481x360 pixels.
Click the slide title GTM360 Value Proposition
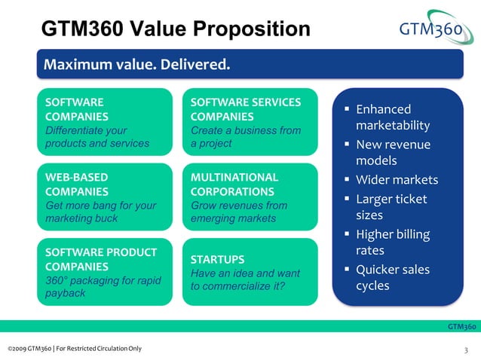coord(175,29)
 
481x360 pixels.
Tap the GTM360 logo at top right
coord(437,29)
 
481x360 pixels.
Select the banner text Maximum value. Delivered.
coord(136,64)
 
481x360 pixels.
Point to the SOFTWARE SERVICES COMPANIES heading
coord(246,109)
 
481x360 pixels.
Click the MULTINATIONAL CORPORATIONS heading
coord(234,185)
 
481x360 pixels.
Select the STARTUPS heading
coord(217,259)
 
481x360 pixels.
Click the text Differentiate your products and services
coord(97,136)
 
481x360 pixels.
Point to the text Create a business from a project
coord(245,136)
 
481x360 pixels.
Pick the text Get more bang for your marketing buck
coord(100,212)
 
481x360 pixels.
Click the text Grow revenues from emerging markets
coord(239,212)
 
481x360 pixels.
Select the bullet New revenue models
coord(392,152)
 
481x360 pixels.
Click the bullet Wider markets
coord(397,180)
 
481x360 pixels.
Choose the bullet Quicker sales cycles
coord(392,277)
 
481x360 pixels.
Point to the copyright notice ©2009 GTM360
coord(74,348)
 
